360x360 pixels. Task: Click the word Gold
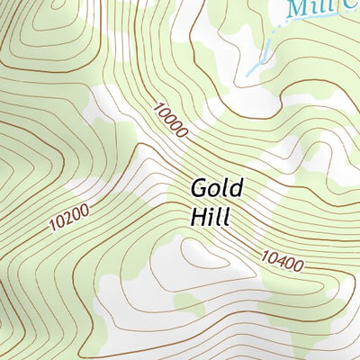coord(216,190)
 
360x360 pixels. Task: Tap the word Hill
coord(211,216)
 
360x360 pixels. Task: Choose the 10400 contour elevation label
coord(282,261)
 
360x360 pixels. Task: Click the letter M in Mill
coord(294,10)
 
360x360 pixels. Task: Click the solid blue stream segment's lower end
coord(247,72)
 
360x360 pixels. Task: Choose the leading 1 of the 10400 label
coord(264,254)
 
